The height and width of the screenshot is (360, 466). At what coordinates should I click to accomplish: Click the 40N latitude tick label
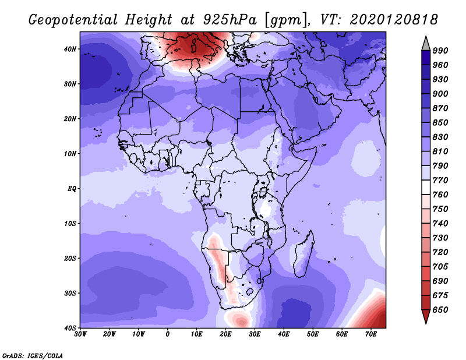coord(70,49)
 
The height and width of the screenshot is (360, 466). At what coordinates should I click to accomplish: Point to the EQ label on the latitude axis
coord(72,189)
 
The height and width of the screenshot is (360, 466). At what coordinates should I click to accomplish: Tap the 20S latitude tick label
coord(70,258)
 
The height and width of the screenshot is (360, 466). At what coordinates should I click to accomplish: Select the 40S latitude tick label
coord(70,328)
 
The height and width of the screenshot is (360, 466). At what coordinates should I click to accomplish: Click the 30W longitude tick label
coord(80,334)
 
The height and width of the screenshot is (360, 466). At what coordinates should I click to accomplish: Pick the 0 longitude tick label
coord(168,334)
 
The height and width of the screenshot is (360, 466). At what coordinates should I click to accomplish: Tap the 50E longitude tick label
coord(313,334)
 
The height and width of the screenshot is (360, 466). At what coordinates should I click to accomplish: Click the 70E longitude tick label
coord(371,334)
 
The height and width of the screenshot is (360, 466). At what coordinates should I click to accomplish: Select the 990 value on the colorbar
coord(440,51)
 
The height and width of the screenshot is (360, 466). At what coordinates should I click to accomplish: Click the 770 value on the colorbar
coord(440,180)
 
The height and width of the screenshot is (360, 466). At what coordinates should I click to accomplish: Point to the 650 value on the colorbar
coord(440,310)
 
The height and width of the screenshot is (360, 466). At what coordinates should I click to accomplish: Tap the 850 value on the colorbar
coord(440,122)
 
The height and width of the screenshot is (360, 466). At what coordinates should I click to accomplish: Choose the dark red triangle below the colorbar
coord(426,315)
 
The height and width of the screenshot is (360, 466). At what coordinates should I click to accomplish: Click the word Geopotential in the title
coord(73,20)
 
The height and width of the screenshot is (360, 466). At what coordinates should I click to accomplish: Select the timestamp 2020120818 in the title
coord(394,20)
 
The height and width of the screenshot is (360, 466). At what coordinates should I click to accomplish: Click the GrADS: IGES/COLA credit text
coord(33,355)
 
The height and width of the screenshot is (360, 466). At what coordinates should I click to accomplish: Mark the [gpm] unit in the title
coord(287,20)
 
